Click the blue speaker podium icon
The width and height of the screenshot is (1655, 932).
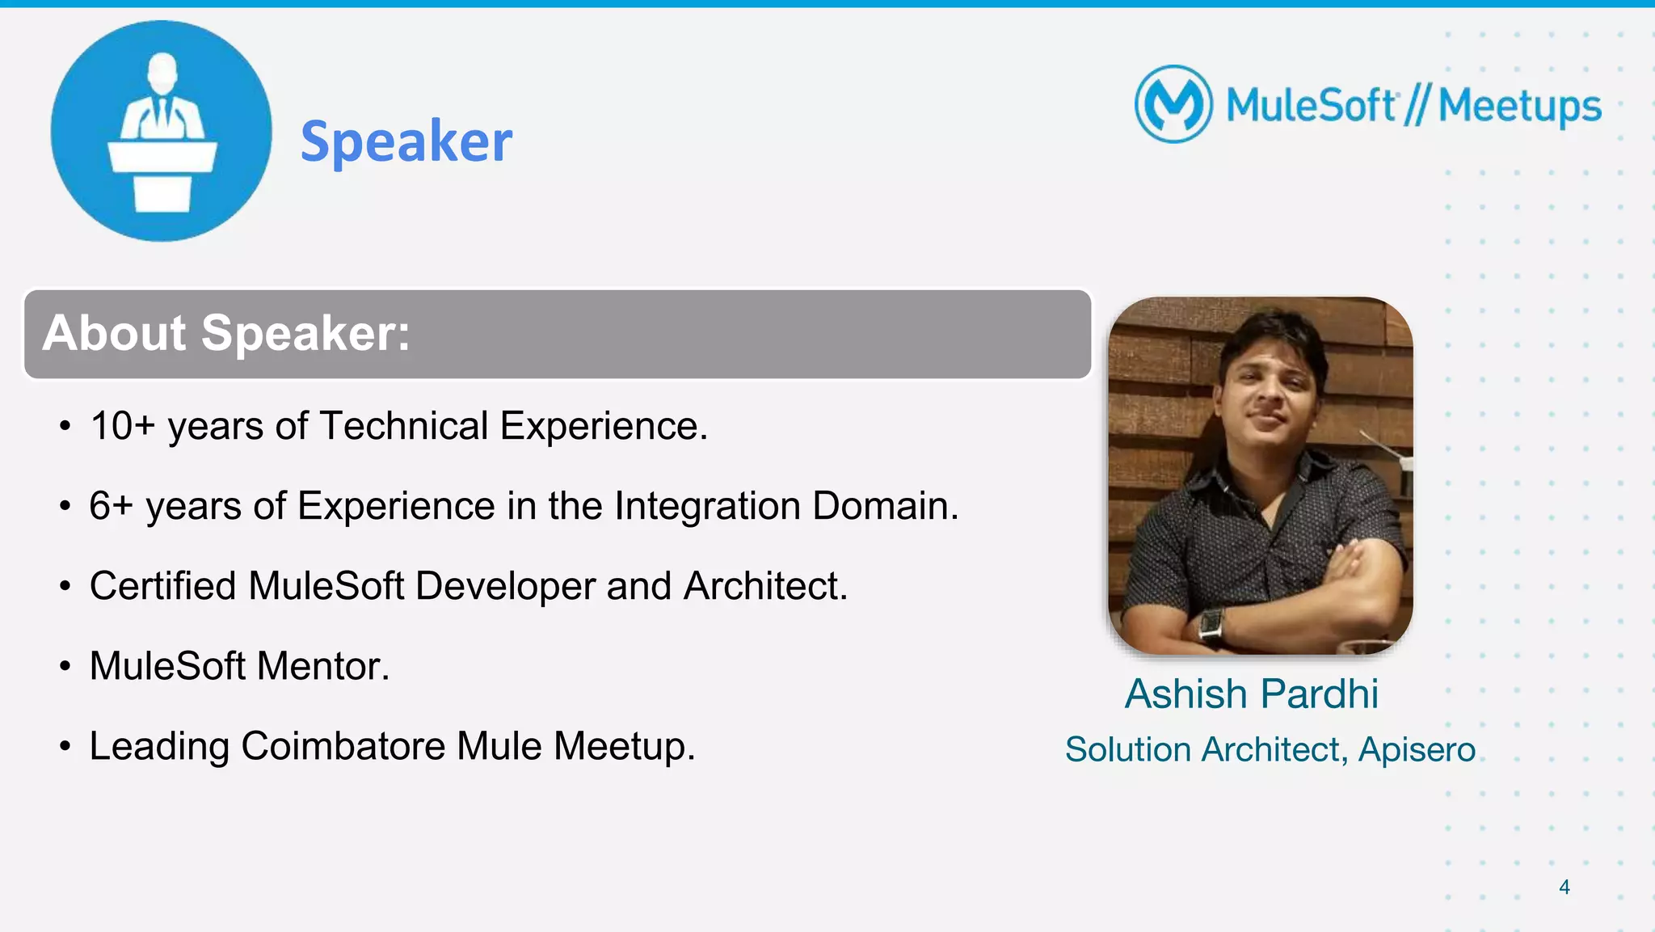[162, 131]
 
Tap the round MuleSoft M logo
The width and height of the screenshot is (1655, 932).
[1173, 104]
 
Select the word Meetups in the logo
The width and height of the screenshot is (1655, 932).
[1519, 107]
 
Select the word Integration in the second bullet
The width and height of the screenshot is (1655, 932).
[707, 506]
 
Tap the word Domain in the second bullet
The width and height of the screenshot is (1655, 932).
[885, 506]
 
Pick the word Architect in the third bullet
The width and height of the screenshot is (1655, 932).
[764, 586]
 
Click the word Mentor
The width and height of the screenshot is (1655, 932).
[322, 666]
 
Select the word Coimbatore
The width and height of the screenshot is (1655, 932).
[343, 746]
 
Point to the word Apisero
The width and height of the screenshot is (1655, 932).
[1417, 749]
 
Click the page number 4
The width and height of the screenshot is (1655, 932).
[1564, 887]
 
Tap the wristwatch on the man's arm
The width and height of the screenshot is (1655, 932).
[1210, 625]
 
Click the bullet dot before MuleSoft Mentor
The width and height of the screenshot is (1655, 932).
[65, 667]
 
